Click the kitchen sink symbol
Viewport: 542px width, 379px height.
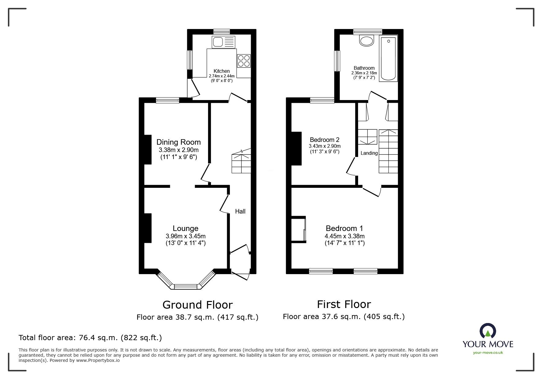[x=224, y=42]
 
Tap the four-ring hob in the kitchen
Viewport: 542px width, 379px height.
[x=244, y=61]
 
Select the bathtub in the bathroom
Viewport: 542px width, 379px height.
[x=388, y=58]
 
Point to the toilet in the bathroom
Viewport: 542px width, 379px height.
[x=366, y=40]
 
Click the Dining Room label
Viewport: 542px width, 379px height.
[x=178, y=142]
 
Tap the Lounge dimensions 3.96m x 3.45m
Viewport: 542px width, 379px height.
[x=185, y=236]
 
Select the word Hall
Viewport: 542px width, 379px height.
[x=240, y=211]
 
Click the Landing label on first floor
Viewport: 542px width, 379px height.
[x=369, y=153]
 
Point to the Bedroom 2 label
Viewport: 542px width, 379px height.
[x=324, y=140]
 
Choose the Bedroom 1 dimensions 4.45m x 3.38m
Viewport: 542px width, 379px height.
[x=344, y=236]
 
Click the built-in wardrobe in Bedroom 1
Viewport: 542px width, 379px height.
[x=298, y=229]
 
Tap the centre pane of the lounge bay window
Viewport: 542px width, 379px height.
[x=185, y=287]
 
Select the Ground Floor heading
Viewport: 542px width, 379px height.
[x=197, y=305]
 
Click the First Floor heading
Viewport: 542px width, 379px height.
[x=344, y=304]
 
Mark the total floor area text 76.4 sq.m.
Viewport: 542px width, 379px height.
[x=90, y=338]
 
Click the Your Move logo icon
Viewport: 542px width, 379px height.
[x=488, y=332]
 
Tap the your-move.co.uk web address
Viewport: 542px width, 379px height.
[x=488, y=353]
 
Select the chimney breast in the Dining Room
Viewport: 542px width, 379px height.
[x=148, y=150]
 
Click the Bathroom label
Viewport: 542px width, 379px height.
[x=364, y=68]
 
